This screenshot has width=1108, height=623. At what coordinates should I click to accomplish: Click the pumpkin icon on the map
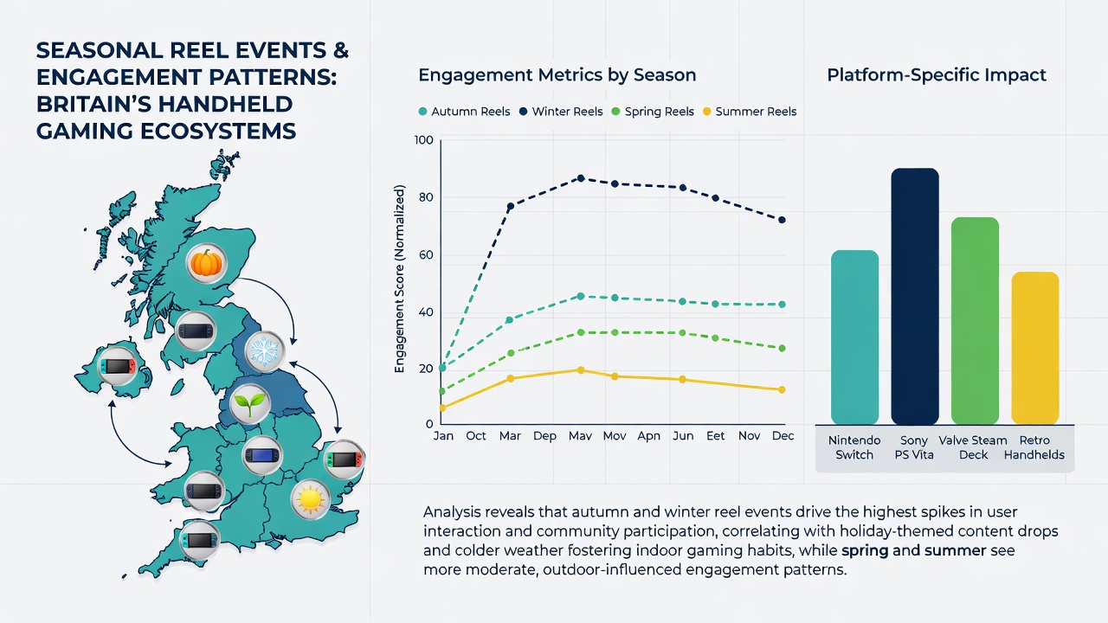click(x=206, y=263)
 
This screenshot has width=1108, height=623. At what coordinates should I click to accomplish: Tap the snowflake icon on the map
click(x=265, y=351)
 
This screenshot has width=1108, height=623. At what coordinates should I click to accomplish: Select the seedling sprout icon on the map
click(x=250, y=403)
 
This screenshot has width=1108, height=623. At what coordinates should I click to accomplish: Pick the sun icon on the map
click(x=310, y=499)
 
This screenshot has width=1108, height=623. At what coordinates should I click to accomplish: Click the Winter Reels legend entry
click(x=561, y=112)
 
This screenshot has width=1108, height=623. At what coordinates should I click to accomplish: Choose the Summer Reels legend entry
click(x=750, y=112)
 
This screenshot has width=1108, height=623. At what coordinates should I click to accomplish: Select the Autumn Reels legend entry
click(x=464, y=112)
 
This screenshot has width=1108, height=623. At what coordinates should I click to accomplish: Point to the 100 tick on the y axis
click(x=423, y=140)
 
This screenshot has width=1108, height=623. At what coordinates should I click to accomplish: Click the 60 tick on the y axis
click(x=425, y=255)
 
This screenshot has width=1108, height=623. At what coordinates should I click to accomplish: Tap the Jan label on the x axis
click(x=443, y=435)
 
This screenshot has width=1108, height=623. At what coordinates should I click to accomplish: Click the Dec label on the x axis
click(x=783, y=435)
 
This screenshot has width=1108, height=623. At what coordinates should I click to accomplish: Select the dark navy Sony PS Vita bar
click(x=915, y=296)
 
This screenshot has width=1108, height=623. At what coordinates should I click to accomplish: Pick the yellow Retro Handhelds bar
click(x=1035, y=348)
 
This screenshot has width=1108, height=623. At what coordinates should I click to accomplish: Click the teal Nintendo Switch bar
click(x=854, y=337)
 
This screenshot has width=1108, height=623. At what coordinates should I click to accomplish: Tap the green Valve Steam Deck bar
click(x=975, y=321)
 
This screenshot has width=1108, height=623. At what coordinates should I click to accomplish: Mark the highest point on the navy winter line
click(x=581, y=178)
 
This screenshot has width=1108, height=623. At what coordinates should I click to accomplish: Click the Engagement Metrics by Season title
click(x=557, y=75)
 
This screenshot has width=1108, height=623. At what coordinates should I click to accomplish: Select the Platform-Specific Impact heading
click(x=937, y=75)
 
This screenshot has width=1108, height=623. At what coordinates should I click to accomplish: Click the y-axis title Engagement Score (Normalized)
click(x=400, y=279)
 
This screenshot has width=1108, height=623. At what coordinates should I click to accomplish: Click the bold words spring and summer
click(x=914, y=550)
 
